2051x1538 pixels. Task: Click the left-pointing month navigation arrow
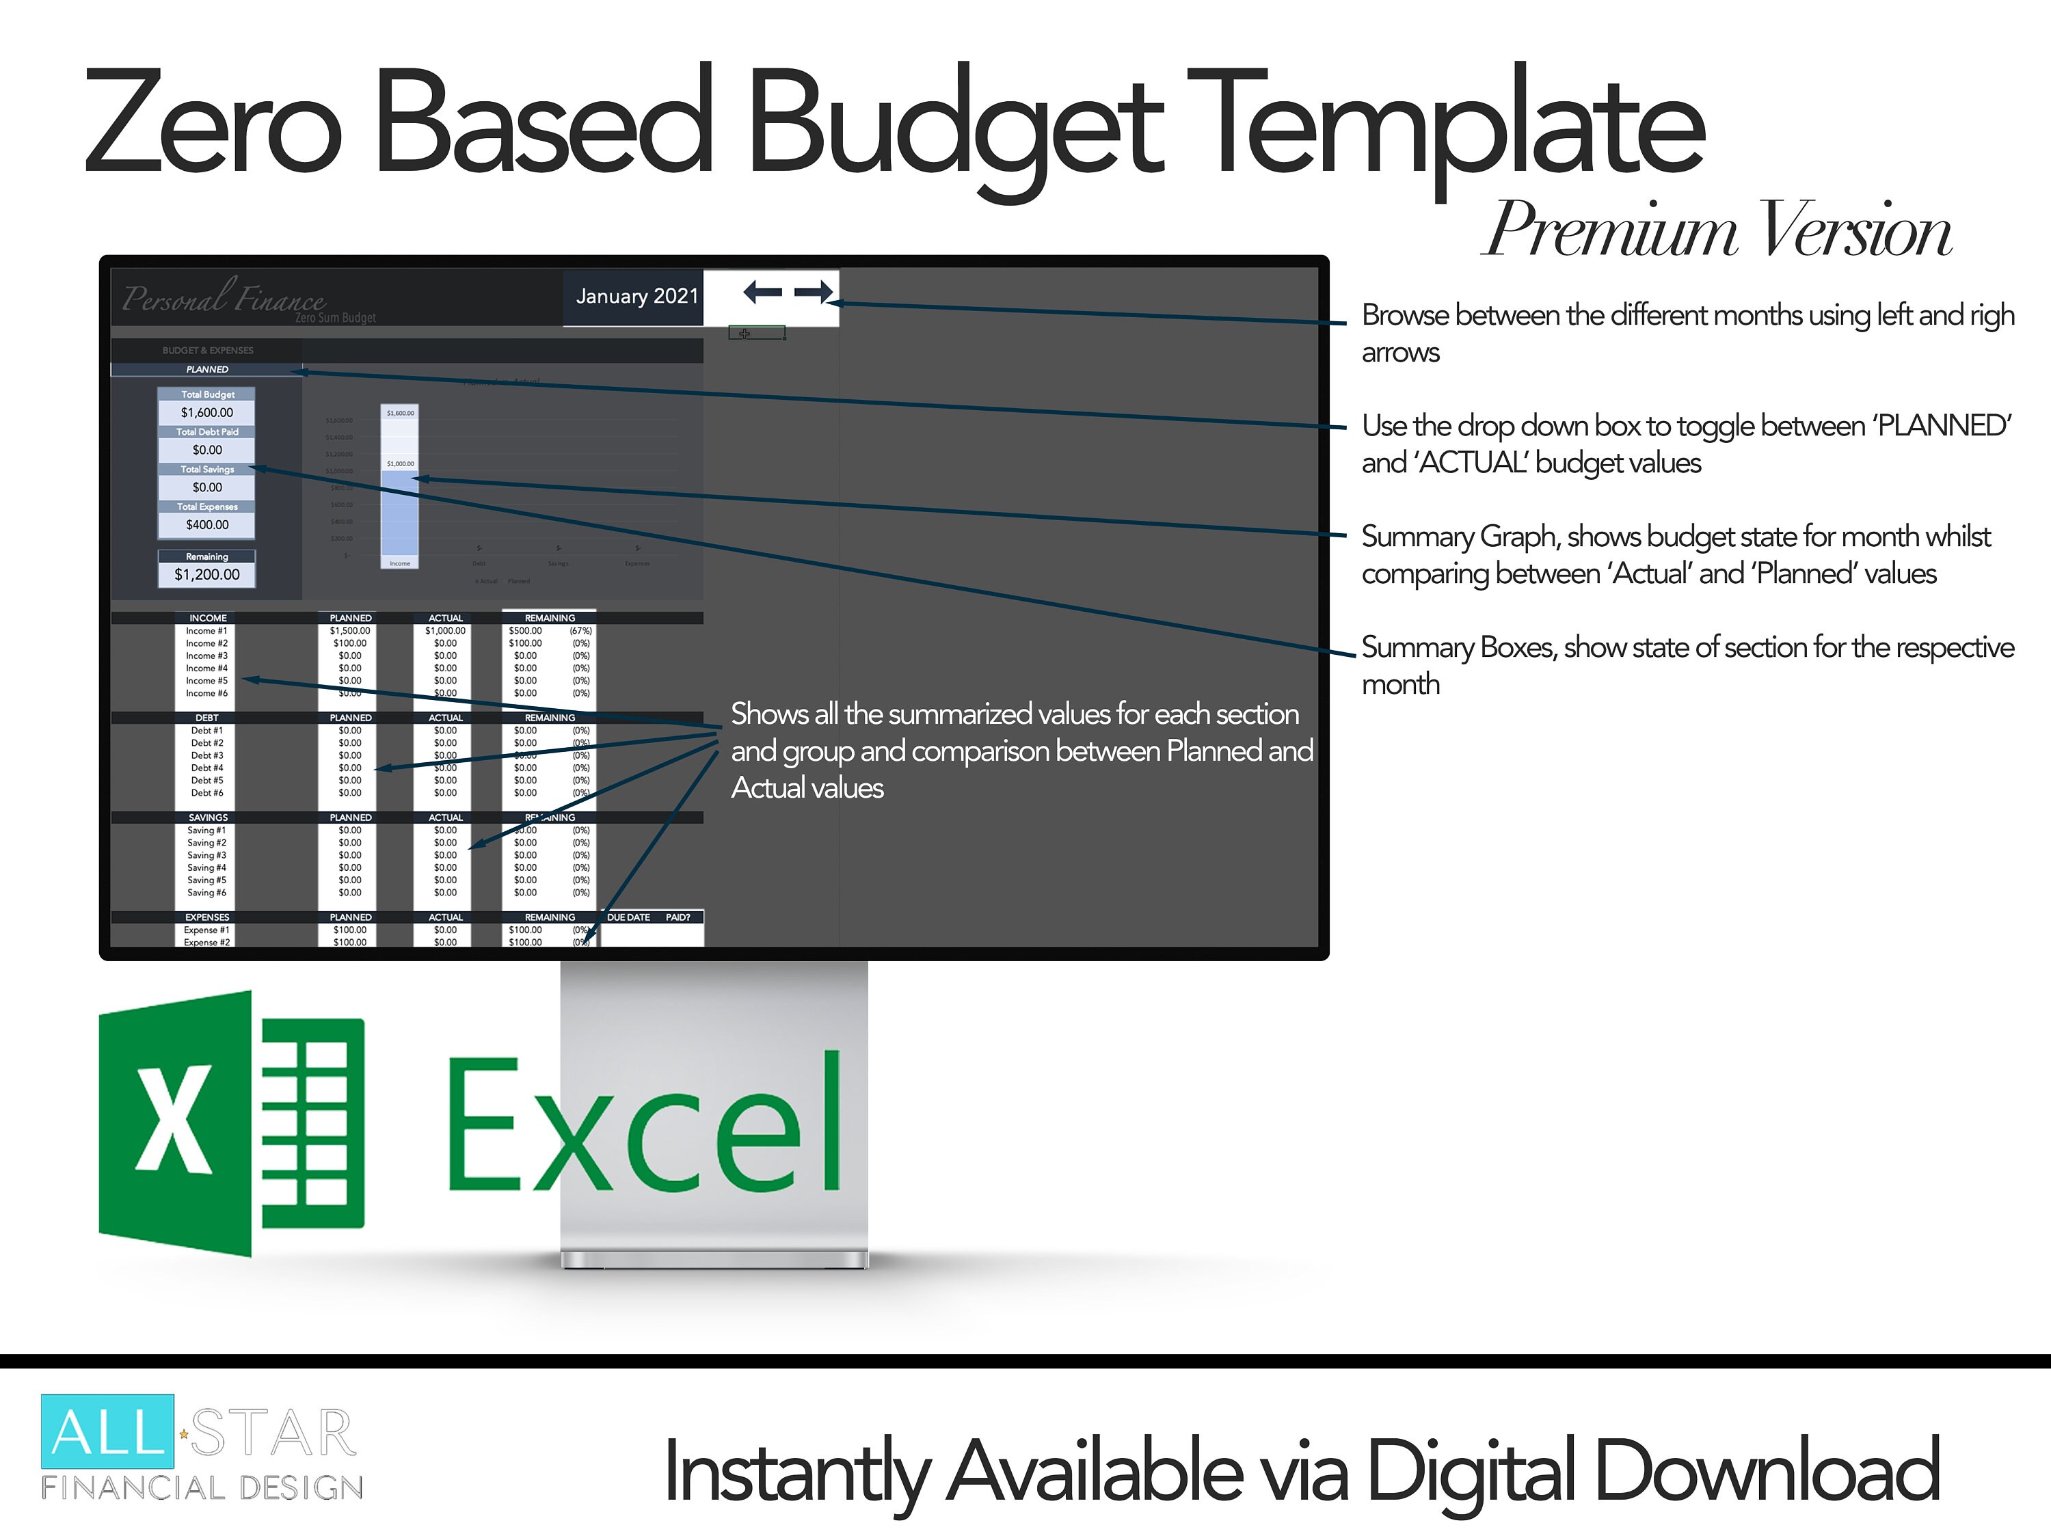tap(762, 293)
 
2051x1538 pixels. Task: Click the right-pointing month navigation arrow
tap(813, 293)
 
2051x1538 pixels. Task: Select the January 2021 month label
tap(636, 297)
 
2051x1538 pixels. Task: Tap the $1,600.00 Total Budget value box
tap(206, 413)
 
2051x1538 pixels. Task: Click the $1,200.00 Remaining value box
tap(206, 575)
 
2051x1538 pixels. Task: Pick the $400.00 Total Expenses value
tap(206, 525)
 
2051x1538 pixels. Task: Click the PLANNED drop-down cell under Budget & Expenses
tap(206, 370)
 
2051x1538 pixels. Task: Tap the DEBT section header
tap(206, 718)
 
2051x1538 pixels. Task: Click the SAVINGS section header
tap(208, 818)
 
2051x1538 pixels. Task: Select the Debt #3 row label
tap(206, 755)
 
